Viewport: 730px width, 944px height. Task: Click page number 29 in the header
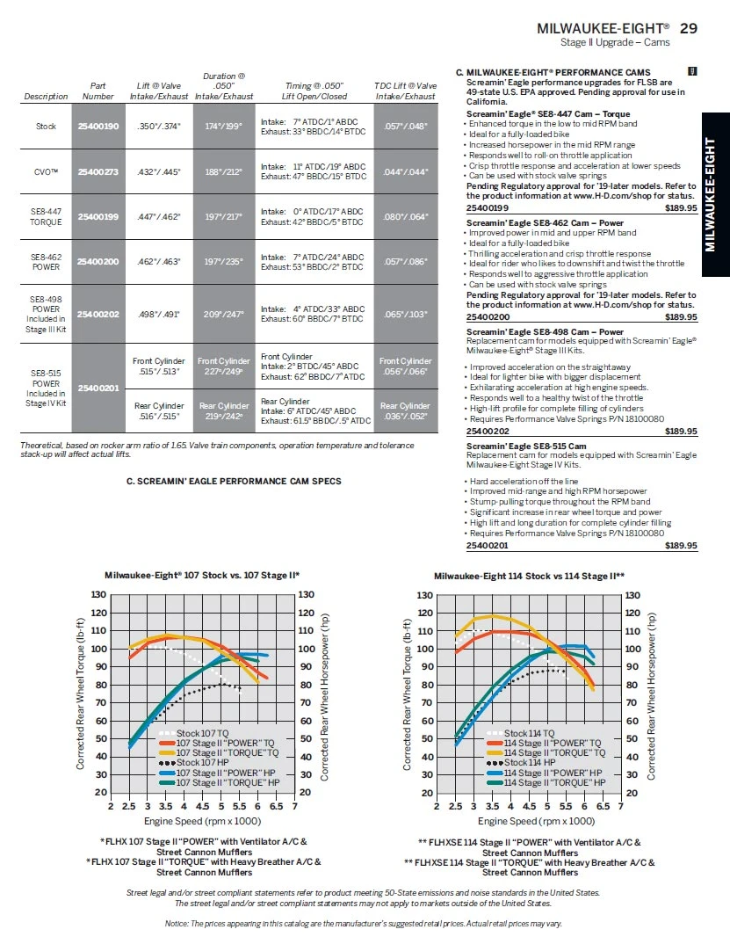[689, 28]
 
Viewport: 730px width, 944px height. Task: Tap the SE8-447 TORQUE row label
[46, 217]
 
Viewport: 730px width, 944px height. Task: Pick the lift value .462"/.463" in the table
[158, 262]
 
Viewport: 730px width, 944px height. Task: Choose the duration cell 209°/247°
[223, 313]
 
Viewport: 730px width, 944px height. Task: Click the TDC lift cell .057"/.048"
[405, 127]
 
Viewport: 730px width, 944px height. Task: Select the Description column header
[46, 96]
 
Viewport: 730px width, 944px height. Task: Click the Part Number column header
[98, 91]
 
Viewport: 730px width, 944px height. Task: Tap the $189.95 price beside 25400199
[681, 208]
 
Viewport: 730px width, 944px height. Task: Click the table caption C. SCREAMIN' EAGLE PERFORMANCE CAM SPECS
[234, 481]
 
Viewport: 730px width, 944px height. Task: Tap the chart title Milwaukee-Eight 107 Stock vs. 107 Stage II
[208, 575]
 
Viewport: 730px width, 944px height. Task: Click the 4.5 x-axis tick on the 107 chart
[202, 805]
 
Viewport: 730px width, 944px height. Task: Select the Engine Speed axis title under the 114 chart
[536, 821]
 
